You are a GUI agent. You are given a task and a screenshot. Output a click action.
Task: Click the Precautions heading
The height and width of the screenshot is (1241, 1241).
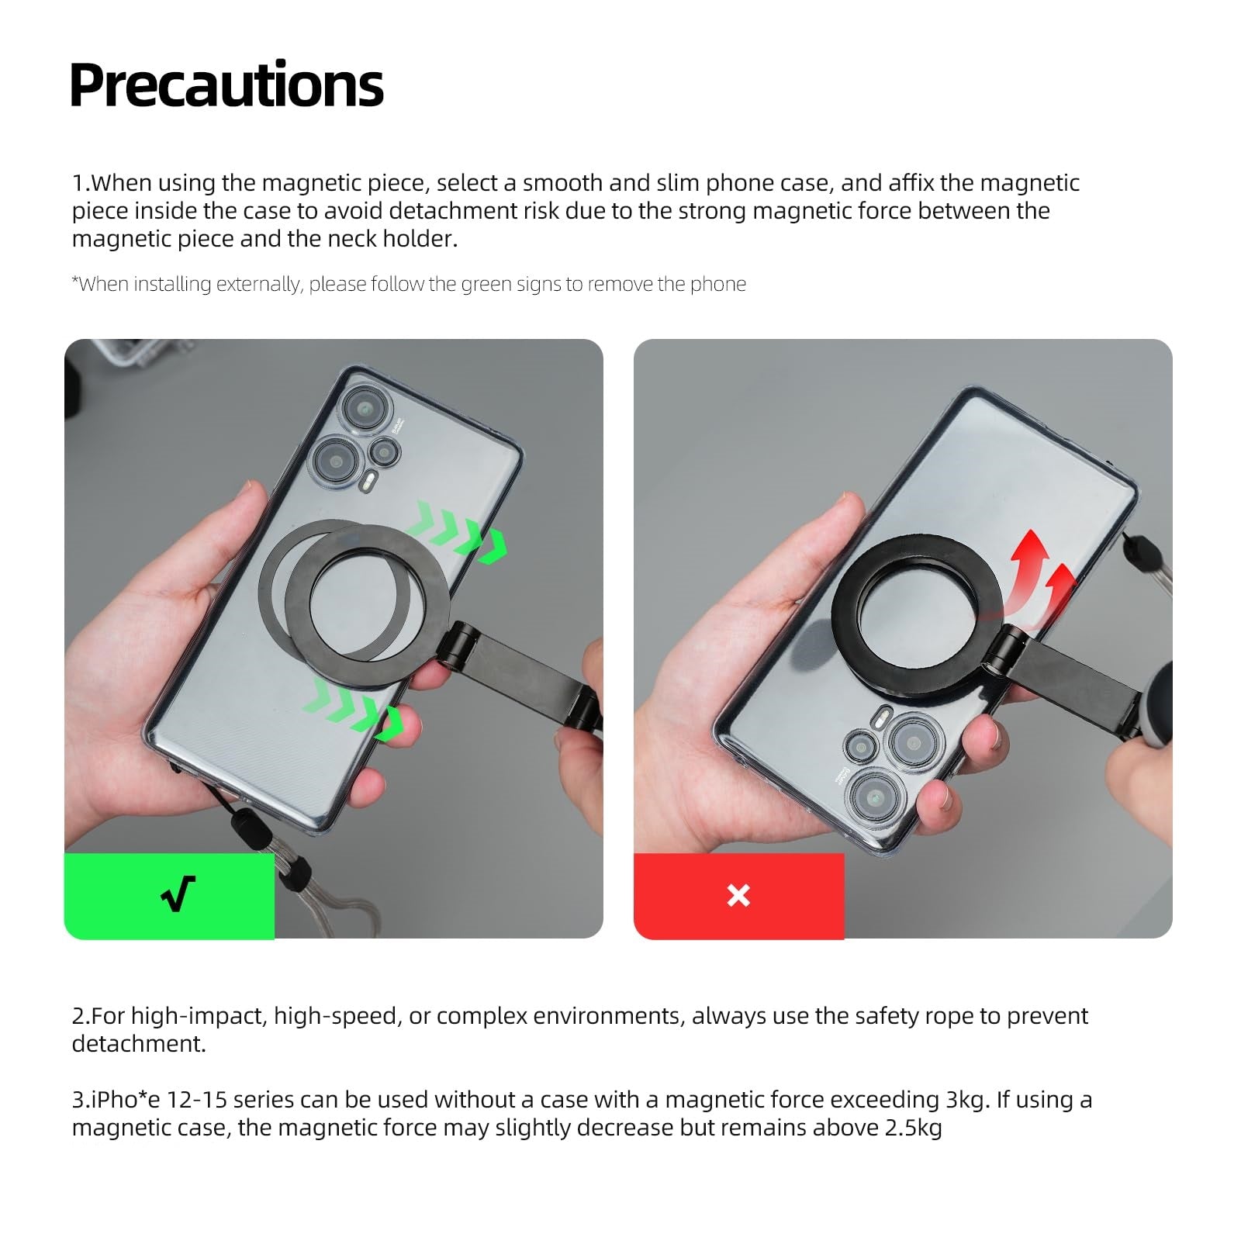[x=226, y=85]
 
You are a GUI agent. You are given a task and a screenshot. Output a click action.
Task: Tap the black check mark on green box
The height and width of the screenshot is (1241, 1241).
[x=178, y=894]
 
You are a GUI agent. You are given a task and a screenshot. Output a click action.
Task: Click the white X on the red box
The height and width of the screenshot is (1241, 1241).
[x=738, y=895]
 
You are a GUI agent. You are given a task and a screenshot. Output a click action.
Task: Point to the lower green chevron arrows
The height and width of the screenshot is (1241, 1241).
[x=354, y=706]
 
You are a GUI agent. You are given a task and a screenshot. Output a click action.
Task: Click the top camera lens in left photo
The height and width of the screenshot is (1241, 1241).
[x=361, y=406]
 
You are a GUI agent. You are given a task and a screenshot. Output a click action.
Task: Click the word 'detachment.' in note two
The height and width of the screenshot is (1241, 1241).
[x=139, y=1044]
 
